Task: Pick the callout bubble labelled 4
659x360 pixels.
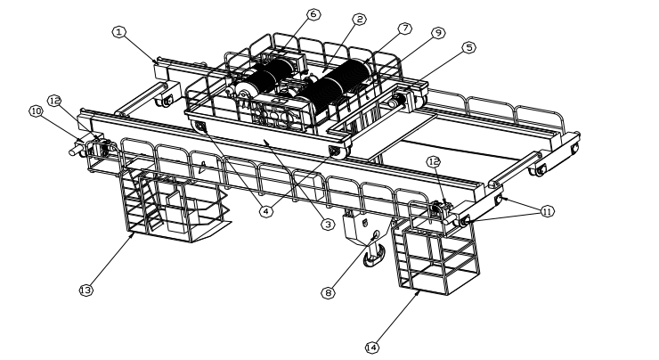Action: pos(264,211)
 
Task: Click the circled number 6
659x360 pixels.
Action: pos(289,15)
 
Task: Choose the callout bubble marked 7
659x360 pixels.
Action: pos(405,29)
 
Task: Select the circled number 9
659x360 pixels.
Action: pos(436,32)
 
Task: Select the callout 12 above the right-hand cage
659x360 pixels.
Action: pos(434,162)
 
